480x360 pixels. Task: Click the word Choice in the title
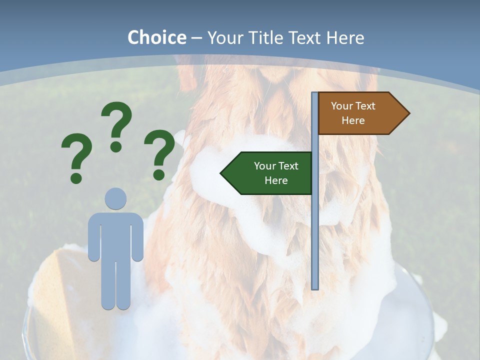click(x=156, y=37)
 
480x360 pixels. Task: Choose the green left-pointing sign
click(x=270, y=173)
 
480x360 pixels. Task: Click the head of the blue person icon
click(x=115, y=198)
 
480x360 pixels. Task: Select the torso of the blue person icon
click(x=115, y=235)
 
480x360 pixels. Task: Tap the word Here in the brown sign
click(x=353, y=120)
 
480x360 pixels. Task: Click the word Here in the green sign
click(x=276, y=180)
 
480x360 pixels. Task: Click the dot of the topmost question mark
click(x=116, y=146)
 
